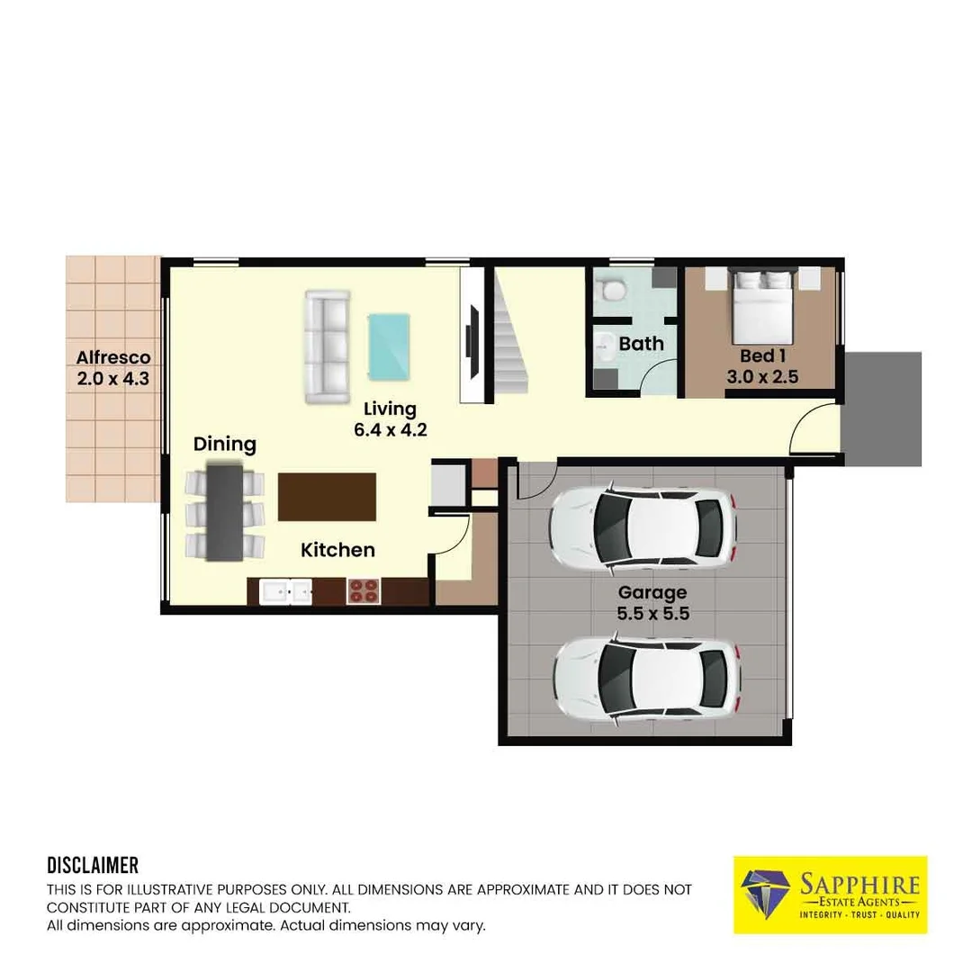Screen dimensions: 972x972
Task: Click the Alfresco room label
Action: coord(113,357)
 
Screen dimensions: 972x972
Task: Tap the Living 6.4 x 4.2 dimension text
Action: coord(391,429)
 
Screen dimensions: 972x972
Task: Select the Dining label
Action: coord(224,445)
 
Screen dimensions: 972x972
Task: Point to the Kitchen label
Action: coord(337,550)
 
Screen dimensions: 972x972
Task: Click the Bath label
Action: coord(641,344)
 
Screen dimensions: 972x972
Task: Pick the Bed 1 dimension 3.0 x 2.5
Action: coord(762,376)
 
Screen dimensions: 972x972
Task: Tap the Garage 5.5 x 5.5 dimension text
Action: coord(653,613)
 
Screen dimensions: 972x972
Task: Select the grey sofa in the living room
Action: coord(328,347)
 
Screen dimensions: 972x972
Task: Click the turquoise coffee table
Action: coord(390,346)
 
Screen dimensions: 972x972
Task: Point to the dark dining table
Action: coord(224,512)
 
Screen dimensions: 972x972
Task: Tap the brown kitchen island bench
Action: coord(327,497)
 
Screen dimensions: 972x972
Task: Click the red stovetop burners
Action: coord(364,590)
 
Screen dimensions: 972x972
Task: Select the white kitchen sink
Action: coord(285,591)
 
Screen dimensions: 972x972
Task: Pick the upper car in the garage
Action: coord(643,528)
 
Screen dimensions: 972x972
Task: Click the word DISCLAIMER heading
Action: coord(93,866)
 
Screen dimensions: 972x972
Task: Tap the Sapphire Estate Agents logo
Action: coord(830,895)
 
